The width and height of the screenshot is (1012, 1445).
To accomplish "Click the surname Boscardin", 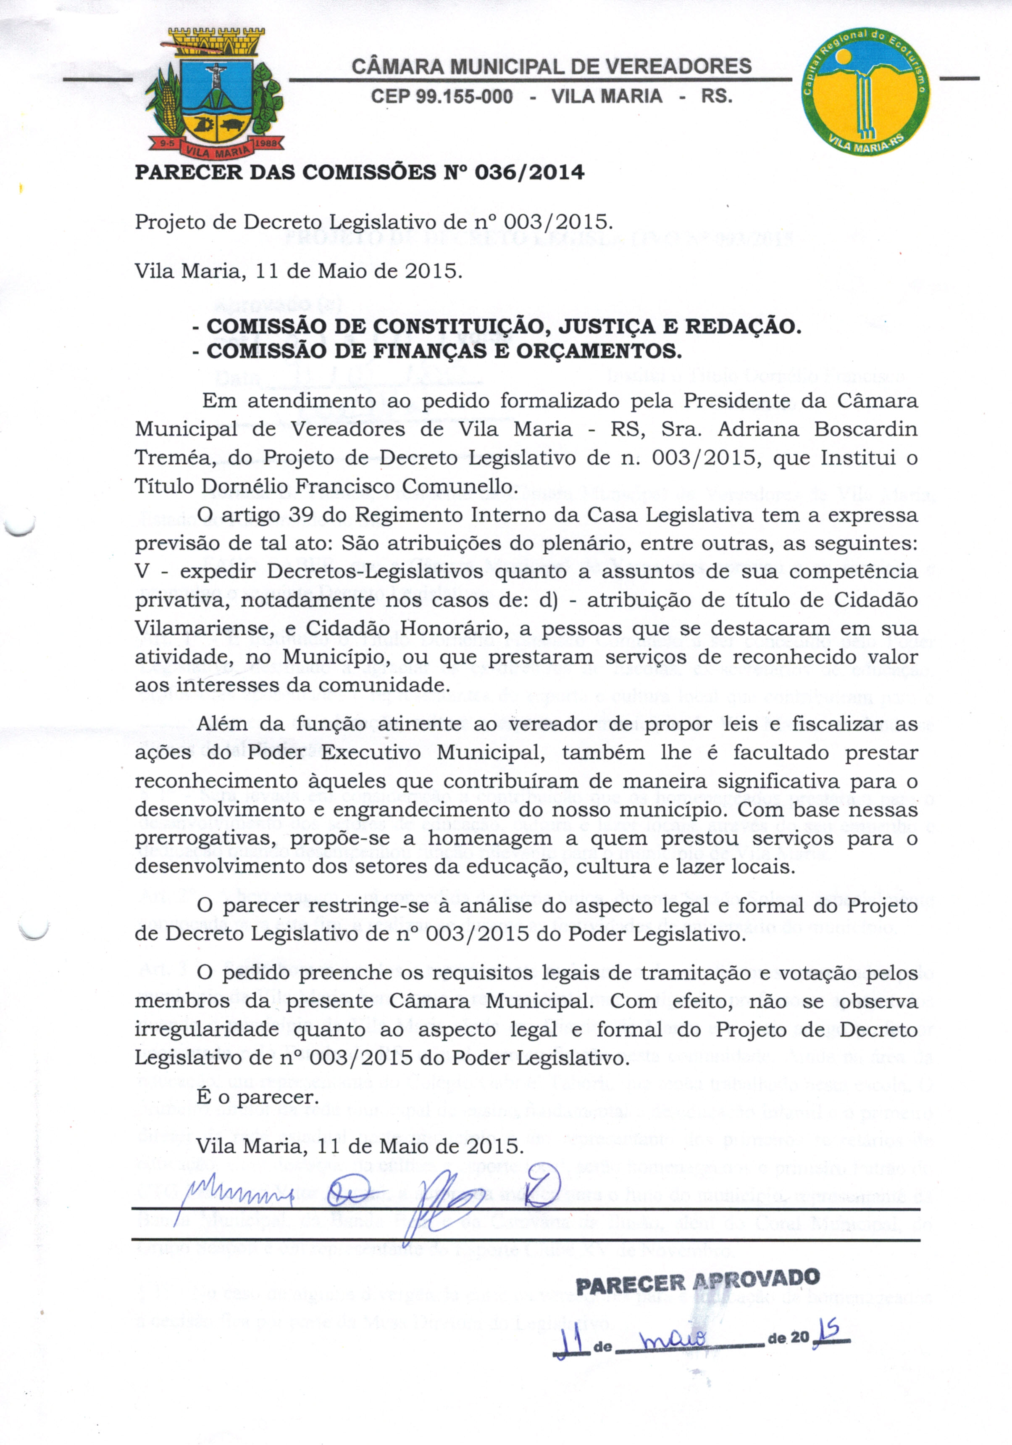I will [x=865, y=429].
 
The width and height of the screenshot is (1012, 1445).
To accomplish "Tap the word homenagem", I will [x=491, y=838].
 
